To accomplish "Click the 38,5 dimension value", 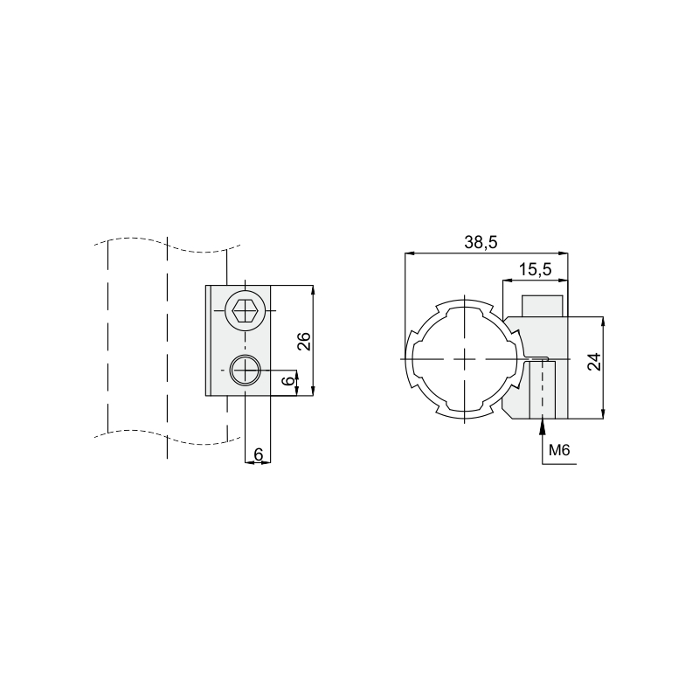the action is [481, 242].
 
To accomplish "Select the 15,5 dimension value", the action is [536, 270].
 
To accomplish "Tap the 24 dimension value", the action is [594, 362].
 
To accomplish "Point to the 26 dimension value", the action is [303, 341].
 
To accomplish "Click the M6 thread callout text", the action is [559, 450].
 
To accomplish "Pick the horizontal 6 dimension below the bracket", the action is [259, 454].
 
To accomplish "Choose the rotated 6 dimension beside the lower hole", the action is [289, 380].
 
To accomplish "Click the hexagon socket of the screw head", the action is [245, 311].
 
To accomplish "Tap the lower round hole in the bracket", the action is [245, 370].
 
